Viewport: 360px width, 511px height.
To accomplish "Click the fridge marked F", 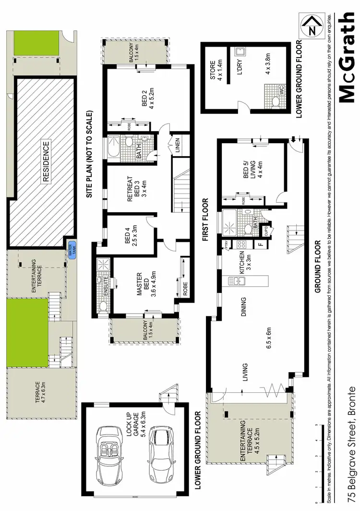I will (261, 244).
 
